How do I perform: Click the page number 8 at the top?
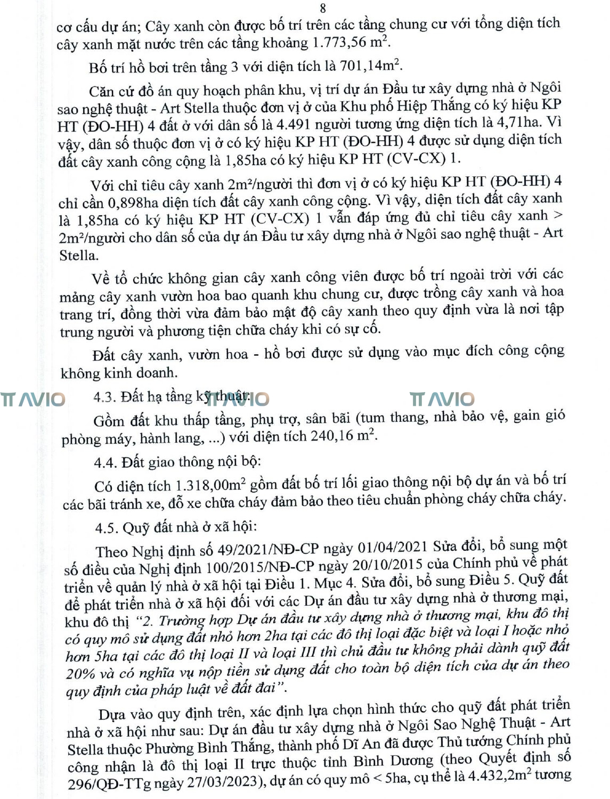point(323,7)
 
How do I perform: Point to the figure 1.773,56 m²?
point(352,42)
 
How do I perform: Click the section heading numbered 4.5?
point(176,527)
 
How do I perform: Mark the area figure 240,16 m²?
point(340,436)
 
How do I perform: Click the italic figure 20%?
point(80,673)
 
